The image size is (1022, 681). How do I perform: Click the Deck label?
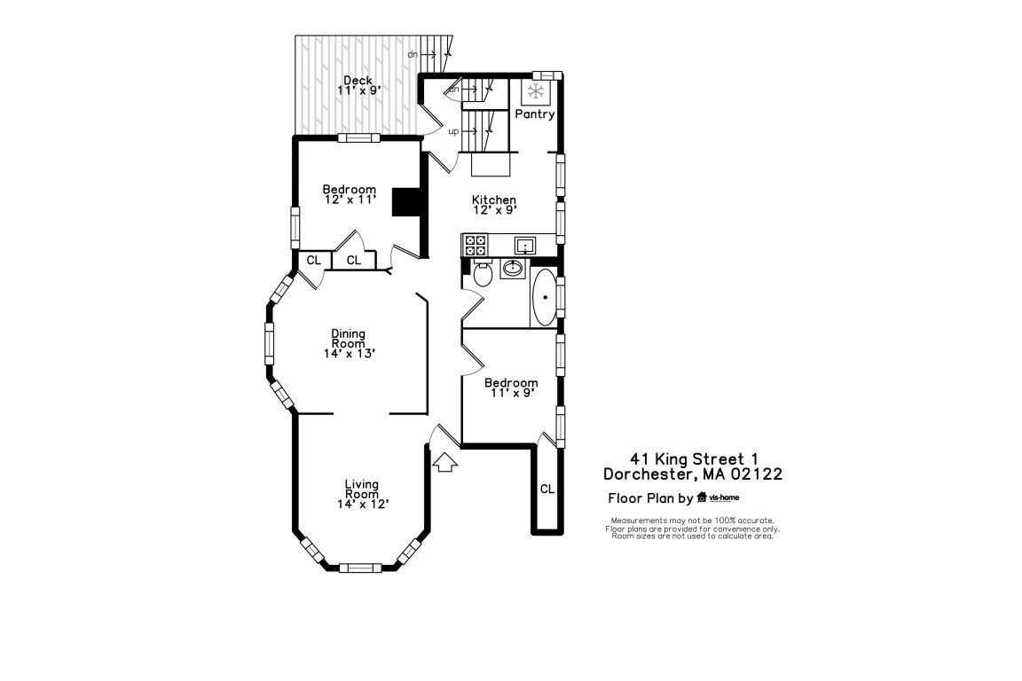358,81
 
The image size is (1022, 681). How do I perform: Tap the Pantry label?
535,114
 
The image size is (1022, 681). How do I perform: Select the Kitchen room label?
494,200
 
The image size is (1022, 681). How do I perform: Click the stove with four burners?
475,245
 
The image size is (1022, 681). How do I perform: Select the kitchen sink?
524,245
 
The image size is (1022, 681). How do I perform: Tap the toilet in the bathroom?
483,273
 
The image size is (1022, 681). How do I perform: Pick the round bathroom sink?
513,268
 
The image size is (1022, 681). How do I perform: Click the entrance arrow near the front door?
444,462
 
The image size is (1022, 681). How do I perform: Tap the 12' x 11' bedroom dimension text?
350,200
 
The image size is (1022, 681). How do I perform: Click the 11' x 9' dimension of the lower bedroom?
511,393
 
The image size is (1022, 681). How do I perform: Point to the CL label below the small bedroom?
547,489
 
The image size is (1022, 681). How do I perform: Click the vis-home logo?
719,497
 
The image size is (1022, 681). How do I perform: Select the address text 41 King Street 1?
693,458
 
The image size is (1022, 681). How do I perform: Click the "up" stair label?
453,131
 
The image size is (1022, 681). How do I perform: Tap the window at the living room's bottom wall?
360,567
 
